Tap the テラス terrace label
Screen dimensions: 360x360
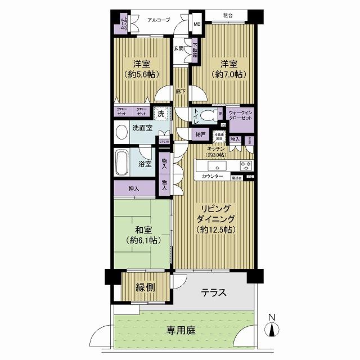(214, 292)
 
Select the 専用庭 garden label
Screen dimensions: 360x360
(181, 330)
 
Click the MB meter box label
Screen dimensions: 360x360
(197, 24)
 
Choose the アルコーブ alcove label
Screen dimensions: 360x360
(159, 20)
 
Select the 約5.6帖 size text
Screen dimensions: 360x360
(141, 74)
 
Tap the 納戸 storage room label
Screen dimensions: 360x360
(200, 134)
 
